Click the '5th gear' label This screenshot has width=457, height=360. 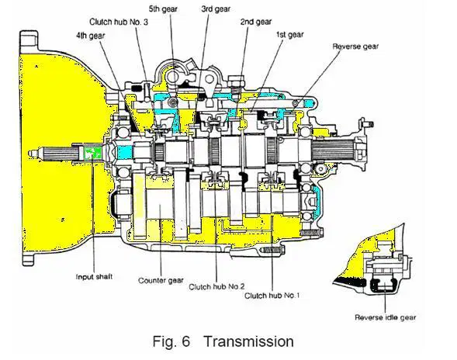point(163,9)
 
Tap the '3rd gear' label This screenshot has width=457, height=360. point(216,9)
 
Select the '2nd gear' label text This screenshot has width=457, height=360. point(255,22)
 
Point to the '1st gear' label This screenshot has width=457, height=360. point(289,35)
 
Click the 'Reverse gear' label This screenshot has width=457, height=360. point(355,47)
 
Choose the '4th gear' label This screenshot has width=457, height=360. point(90,36)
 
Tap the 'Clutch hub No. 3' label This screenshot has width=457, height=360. point(119,22)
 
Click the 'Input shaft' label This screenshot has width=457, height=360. point(94,277)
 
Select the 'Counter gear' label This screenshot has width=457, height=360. point(161,280)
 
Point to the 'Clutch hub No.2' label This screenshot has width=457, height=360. point(216,286)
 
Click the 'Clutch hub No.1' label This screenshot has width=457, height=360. point(272,296)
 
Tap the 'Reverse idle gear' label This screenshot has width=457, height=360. point(385,317)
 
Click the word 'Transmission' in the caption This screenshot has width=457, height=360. point(248,341)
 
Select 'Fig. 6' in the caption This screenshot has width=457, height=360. point(171,341)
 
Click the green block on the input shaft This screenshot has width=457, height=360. point(92,153)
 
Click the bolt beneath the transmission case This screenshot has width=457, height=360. point(272,251)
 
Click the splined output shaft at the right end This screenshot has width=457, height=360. point(332,149)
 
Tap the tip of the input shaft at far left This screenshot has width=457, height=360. point(30,154)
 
